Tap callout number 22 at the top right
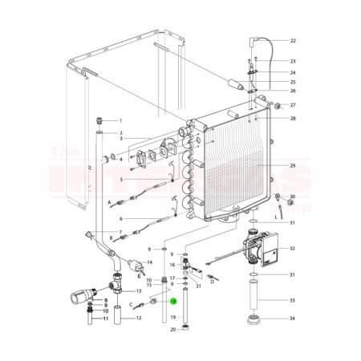click(x=293, y=40)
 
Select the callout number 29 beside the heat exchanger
click(x=293, y=165)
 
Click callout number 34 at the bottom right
click(x=293, y=319)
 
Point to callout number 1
click(x=120, y=120)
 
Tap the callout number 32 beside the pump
click(x=293, y=249)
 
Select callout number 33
click(x=293, y=301)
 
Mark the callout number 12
click(x=138, y=318)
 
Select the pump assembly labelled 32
click(x=260, y=248)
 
